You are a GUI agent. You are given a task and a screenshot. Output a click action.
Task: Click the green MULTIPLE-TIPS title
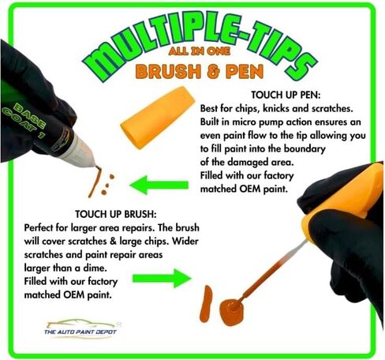pyautogui.click(x=194, y=43)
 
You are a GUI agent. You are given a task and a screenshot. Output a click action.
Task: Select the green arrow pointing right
pyautogui.click(x=162, y=277)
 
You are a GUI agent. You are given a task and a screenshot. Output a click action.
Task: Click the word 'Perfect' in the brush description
pyautogui.click(x=43, y=227)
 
